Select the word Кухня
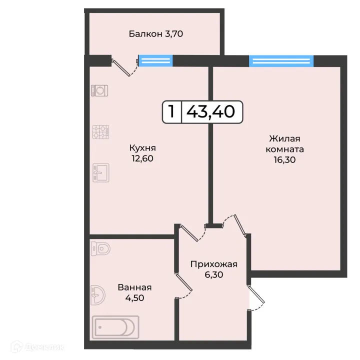click(x=142, y=148)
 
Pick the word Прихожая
click(x=213, y=264)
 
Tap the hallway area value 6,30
click(x=213, y=275)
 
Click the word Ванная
click(x=134, y=287)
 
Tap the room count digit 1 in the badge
click(x=171, y=111)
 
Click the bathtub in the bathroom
click(x=115, y=327)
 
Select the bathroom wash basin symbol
click(x=97, y=295)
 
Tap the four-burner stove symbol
click(x=100, y=132)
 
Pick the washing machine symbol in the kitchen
click(x=100, y=90)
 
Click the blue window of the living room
click(x=281, y=61)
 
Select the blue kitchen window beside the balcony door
click(x=155, y=60)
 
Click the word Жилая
click(x=284, y=138)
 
